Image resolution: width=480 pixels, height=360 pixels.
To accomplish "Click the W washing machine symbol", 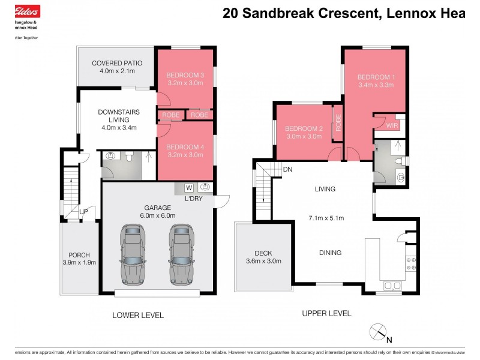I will (188, 187).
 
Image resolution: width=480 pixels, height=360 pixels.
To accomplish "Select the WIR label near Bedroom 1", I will (392, 126).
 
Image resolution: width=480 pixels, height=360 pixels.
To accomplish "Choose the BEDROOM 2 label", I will (304, 128).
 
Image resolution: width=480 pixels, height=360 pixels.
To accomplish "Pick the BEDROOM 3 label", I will (185, 74).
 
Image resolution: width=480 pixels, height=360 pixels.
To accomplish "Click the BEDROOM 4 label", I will (185, 147).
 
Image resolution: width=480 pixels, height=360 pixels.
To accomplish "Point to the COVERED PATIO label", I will (115, 63).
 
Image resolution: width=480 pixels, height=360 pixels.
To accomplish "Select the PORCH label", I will (79, 254).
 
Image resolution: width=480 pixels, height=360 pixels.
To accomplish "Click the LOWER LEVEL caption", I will (138, 315).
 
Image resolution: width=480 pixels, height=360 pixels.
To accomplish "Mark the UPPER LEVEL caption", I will (326, 313).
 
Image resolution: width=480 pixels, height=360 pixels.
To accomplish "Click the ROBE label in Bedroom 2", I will (338, 123).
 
